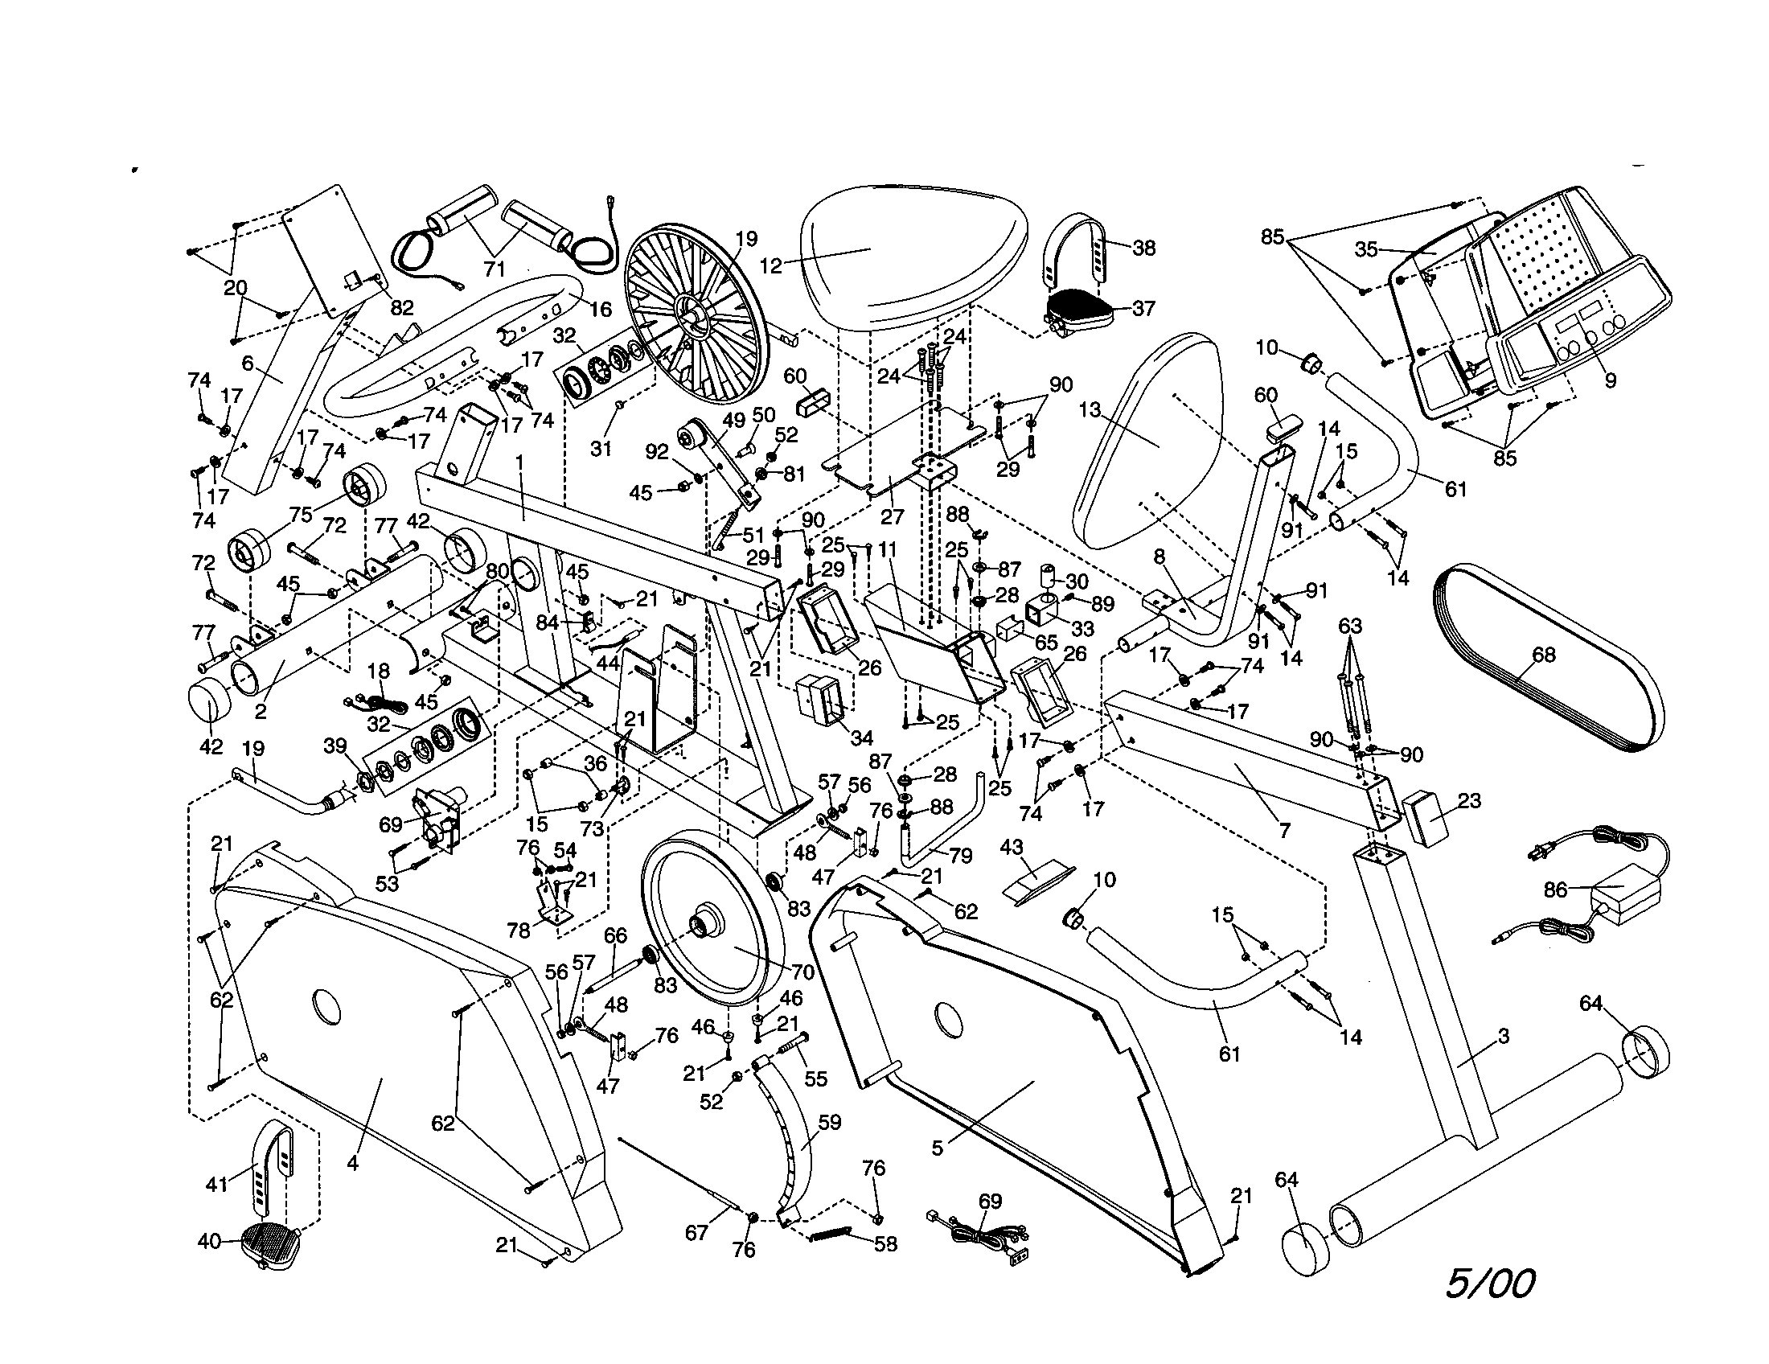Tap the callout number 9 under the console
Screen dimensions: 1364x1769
click(x=1611, y=380)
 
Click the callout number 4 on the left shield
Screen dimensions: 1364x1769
click(x=352, y=1164)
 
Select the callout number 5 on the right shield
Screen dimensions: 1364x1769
click(x=937, y=1148)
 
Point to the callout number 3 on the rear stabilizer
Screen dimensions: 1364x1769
click(x=1504, y=1036)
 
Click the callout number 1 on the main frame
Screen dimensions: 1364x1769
click(x=520, y=462)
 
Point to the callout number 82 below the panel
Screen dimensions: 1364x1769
click(x=402, y=308)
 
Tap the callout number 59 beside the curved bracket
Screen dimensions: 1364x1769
click(x=831, y=1123)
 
